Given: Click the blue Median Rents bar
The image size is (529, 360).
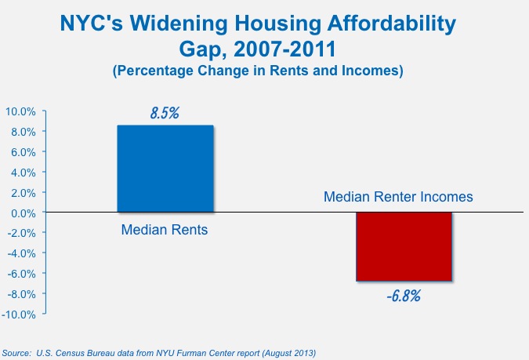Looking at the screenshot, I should coord(165,169).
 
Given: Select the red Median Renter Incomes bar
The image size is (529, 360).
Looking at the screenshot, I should coord(404,246).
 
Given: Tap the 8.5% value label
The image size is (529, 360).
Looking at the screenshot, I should coord(165,113).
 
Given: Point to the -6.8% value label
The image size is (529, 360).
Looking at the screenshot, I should coord(404,297).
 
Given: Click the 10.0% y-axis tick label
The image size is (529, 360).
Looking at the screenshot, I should coord(20,111).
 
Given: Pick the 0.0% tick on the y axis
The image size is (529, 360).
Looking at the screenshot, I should coord(22,213).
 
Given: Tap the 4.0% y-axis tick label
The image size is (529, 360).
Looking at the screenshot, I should coord(22,172).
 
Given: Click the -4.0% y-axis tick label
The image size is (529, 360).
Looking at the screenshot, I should coord(20,253).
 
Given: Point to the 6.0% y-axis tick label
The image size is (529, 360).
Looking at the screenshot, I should coord(22,151).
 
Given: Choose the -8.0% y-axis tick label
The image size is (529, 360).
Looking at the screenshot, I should coord(20,294).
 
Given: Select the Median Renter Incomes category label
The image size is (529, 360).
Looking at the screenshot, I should coord(398,197).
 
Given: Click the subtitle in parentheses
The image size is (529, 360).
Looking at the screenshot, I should coord(258,72).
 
